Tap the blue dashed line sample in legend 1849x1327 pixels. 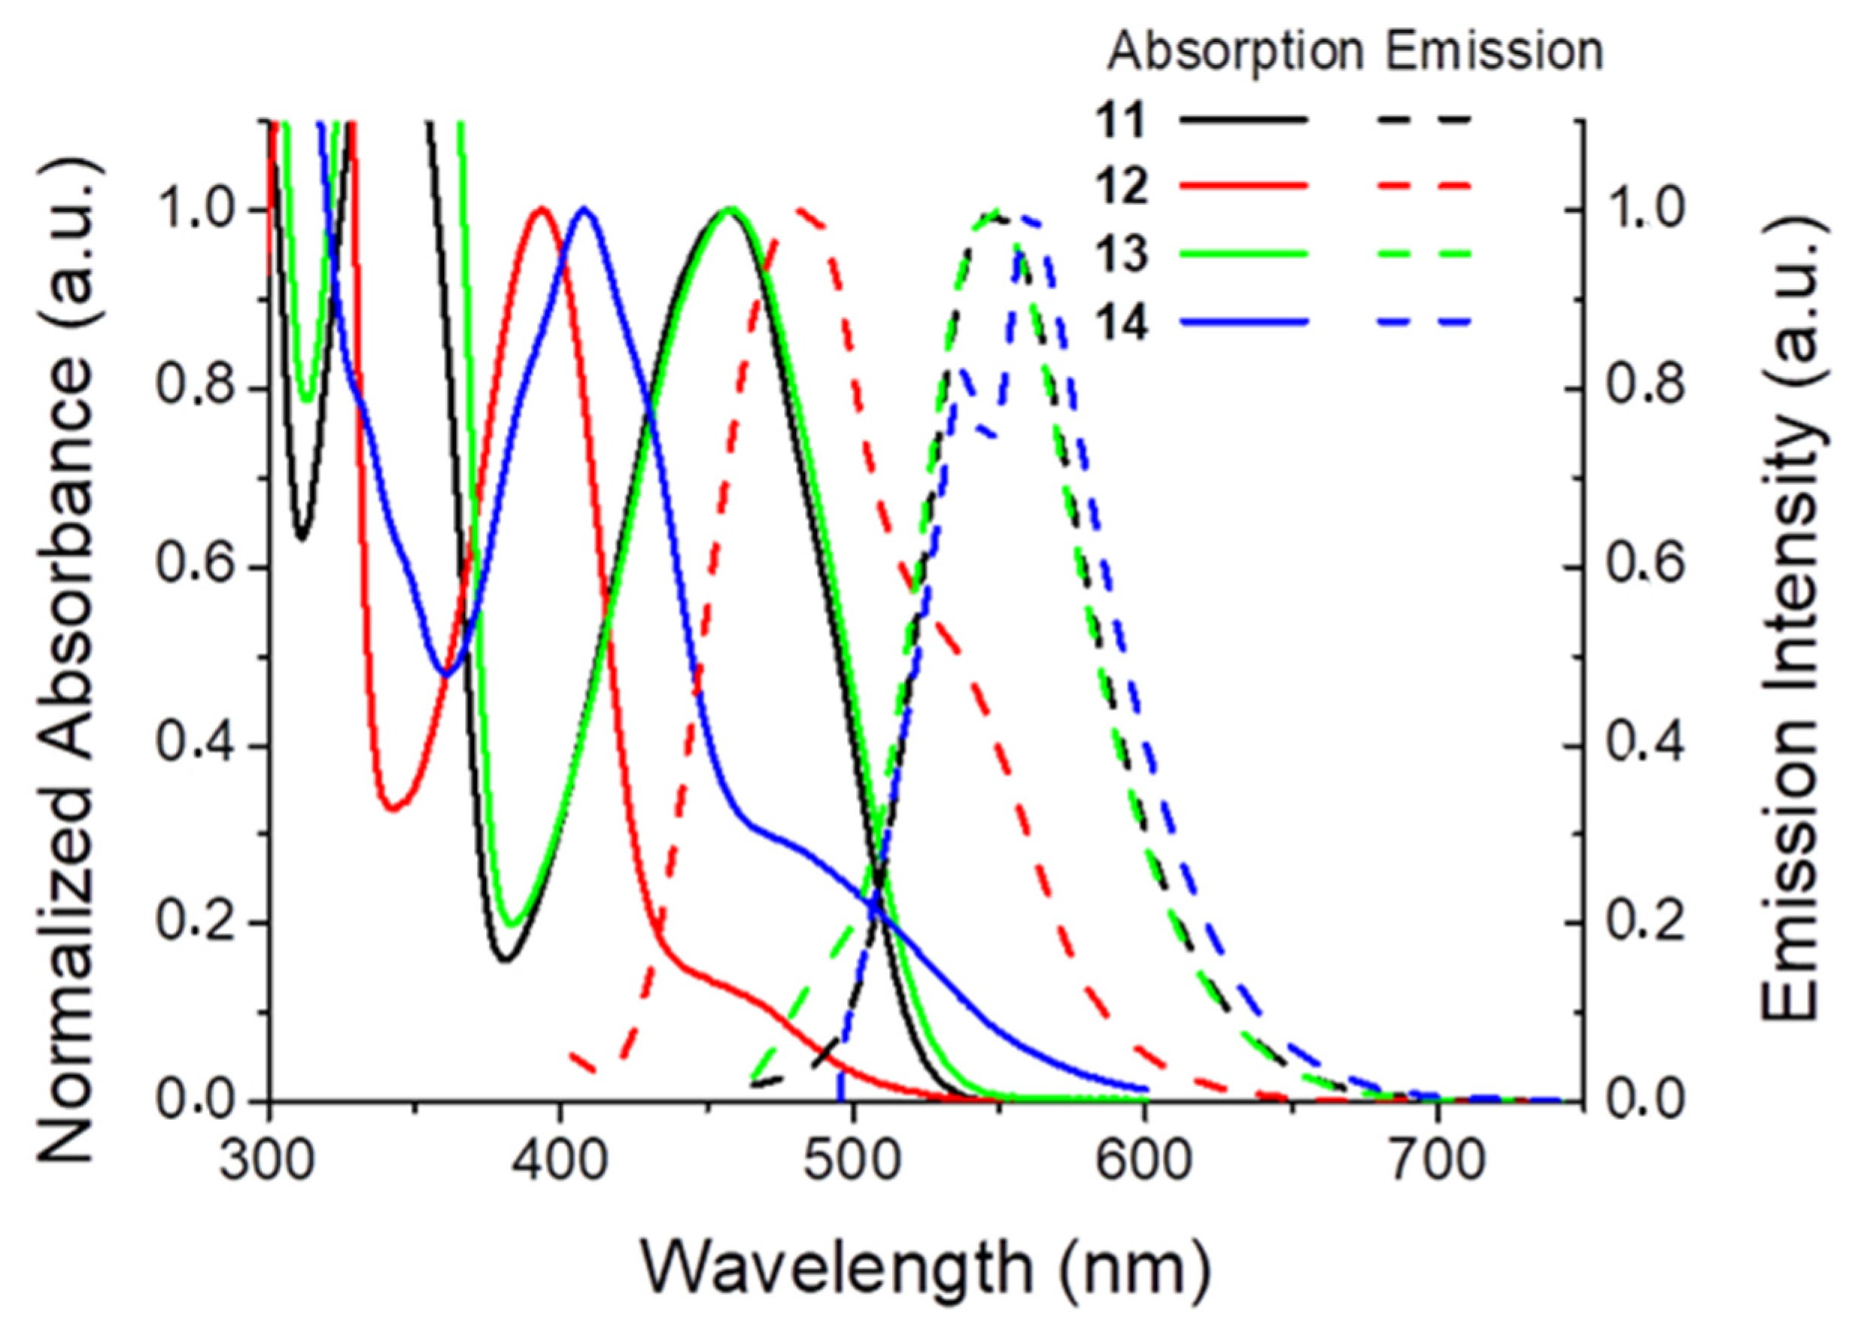coord(1425,322)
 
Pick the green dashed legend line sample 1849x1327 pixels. coord(1425,254)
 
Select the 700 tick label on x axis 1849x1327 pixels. coord(1437,1161)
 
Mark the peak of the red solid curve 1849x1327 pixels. coord(542,209)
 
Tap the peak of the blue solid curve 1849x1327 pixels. coord(584,209)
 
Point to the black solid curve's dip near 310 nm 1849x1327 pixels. coord(302,538)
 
